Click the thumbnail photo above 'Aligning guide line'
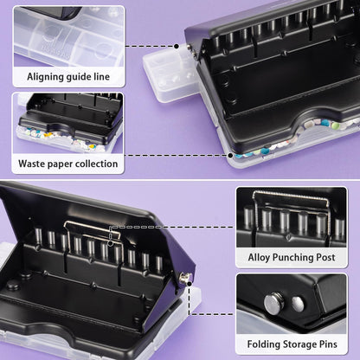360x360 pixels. (x=67, y=35)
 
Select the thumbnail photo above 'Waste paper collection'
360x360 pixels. (x=67, y=121)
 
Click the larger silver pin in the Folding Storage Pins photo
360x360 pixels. (x=276, y=302)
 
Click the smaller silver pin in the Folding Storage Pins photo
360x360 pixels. (x=298, y=304)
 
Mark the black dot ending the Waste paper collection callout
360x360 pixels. (x=230, y=156)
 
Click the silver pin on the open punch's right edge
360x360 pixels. (x=185, y=276)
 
